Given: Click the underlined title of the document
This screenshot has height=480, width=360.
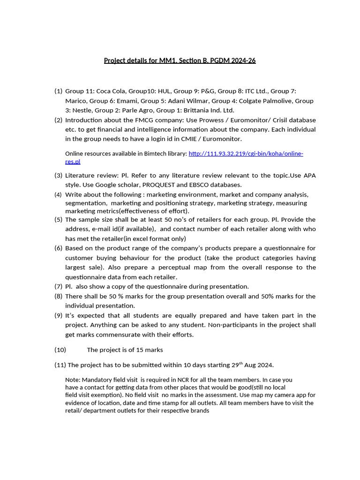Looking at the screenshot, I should pos(180,60).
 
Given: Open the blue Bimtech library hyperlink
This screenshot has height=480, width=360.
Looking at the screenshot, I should pos(246,154).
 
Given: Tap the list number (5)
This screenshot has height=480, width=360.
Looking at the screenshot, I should pos(58,219).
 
